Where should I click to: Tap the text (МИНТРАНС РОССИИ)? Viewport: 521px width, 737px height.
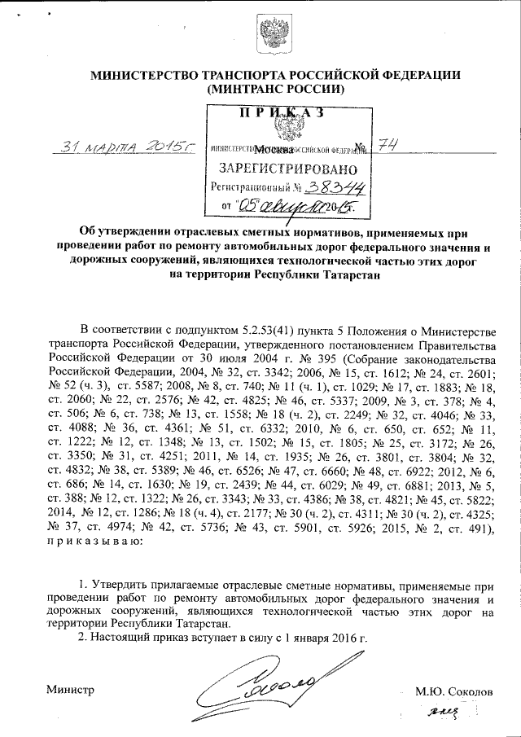[276, 89]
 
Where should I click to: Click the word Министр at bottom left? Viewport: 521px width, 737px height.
[70, 690]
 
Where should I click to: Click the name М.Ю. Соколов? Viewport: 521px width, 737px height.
[453, 690]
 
